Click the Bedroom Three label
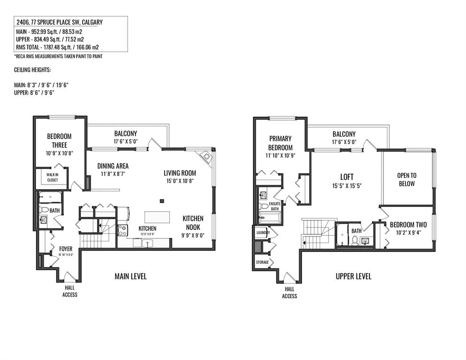pyautogui.click(x=60, y=141)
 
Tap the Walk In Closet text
pyautogui.click(x=52, y=177)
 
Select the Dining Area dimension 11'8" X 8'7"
pyautogui.click(x=113, y=174)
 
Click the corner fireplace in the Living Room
pyautogui.click(x=205, y=156)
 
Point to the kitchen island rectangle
pyautogui.click(x=157, y=217)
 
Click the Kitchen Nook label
pyautogui.click(x=193, y=223)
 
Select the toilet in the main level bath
pyautogui.click(x=44, y=209)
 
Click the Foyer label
pyautogui.click(x=66, y=249)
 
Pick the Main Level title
pyautogui.click(x=131, y=276)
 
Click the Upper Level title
pyautogui.click(x=353, y=276)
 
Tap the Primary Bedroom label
pyautogui.click(x=280, y=143)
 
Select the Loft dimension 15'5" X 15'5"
pyautogui.click(x=347, y=186)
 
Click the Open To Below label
pyautogui.click(x=407, y=180)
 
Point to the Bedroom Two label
pyautogui.click(x=408, y=225)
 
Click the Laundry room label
pyautogui.click(x=263, y=233)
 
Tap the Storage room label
pyautogui.click(x=262, y=262)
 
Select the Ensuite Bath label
pyautogui.click(x=275, y=207)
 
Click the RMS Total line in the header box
pyautogui.click(x=58, y=47)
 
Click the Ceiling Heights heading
pyautogui.click(x=32, y=70)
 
